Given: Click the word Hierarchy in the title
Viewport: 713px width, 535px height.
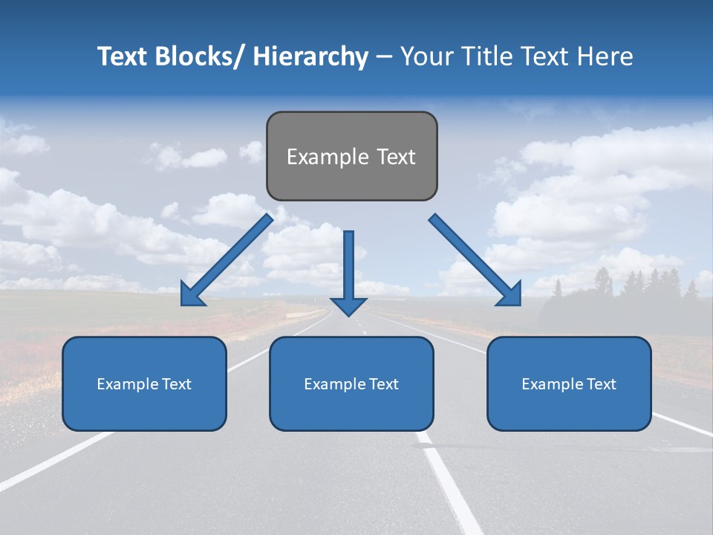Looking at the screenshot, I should (x=310, y=56).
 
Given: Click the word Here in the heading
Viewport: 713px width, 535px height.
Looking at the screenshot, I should (x=605, y=56).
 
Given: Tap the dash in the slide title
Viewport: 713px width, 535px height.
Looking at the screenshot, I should (x=383, y=56).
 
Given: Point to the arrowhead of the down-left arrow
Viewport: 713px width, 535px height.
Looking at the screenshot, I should (x=192, y=295).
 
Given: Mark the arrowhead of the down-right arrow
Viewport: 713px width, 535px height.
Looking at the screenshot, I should (x=510, y=294).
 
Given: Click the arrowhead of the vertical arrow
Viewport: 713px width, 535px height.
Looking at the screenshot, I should (x=348, y=305).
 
